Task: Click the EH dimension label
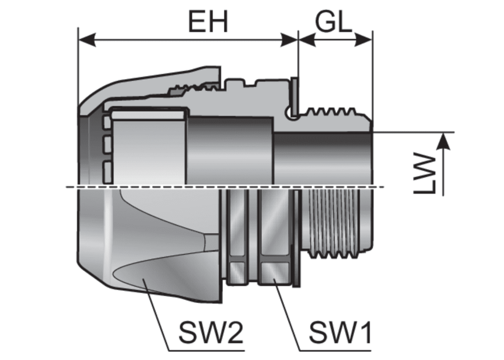[208, 22]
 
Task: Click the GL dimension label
[334, 22]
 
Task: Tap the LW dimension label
[425, 174]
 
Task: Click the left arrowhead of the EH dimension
[87, 39]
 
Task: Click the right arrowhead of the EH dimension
[289, 39]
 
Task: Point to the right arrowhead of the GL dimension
[363, 39]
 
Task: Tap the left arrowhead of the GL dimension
[307, 39]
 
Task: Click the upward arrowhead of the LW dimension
[444, 142]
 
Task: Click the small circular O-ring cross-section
[292, 113]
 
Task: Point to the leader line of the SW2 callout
[156, 314]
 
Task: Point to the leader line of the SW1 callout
[287, 314]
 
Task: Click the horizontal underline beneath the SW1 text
[335, 351]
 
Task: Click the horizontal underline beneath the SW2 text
[207, 351]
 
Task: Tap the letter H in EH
[218, 22]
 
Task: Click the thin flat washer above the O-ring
[295, 93]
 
